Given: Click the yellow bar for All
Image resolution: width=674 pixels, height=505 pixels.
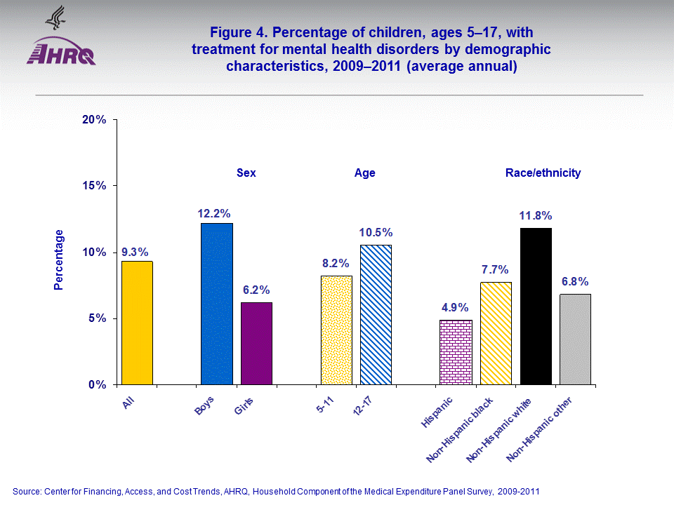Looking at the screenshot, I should pyautogui.click(x=137, y=323).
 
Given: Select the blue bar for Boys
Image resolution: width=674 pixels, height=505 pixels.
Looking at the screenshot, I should pyautogui.click(x=216, y=304).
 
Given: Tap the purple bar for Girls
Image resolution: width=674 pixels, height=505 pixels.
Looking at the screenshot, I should pyautogui.click(x=256, y=344).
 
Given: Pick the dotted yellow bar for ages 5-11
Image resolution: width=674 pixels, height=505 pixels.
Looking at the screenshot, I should pyautogui.click(x=336, y=330).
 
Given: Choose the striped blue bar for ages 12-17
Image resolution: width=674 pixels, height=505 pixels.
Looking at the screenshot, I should pyautogui.click(x=376, y=315).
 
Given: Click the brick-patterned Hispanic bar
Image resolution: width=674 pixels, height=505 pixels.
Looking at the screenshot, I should pyautogui.click(x=456, y=352).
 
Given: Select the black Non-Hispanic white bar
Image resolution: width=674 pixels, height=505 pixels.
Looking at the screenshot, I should pyautogui.click(x=535, y=307).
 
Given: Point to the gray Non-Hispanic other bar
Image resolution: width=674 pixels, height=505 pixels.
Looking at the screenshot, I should pyautogui.click(x=575, y=339).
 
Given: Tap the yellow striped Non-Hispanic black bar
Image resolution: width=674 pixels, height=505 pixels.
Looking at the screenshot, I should pyautogui.click(x=496, y=333).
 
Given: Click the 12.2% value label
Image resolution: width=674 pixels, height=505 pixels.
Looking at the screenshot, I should pyautogui.click(x=214, y=213).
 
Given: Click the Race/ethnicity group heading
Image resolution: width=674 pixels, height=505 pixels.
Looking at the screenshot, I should pyautogui.click(x=543, y=173).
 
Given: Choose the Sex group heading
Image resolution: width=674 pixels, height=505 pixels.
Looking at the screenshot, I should pyautogui.click(x=246, y=173).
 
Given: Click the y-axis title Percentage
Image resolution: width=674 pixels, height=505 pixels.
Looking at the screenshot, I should pyautogui.click(x=59, y=260).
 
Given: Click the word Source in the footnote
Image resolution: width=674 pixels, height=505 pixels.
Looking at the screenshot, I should pyautogui.click(x=27, y=491).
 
